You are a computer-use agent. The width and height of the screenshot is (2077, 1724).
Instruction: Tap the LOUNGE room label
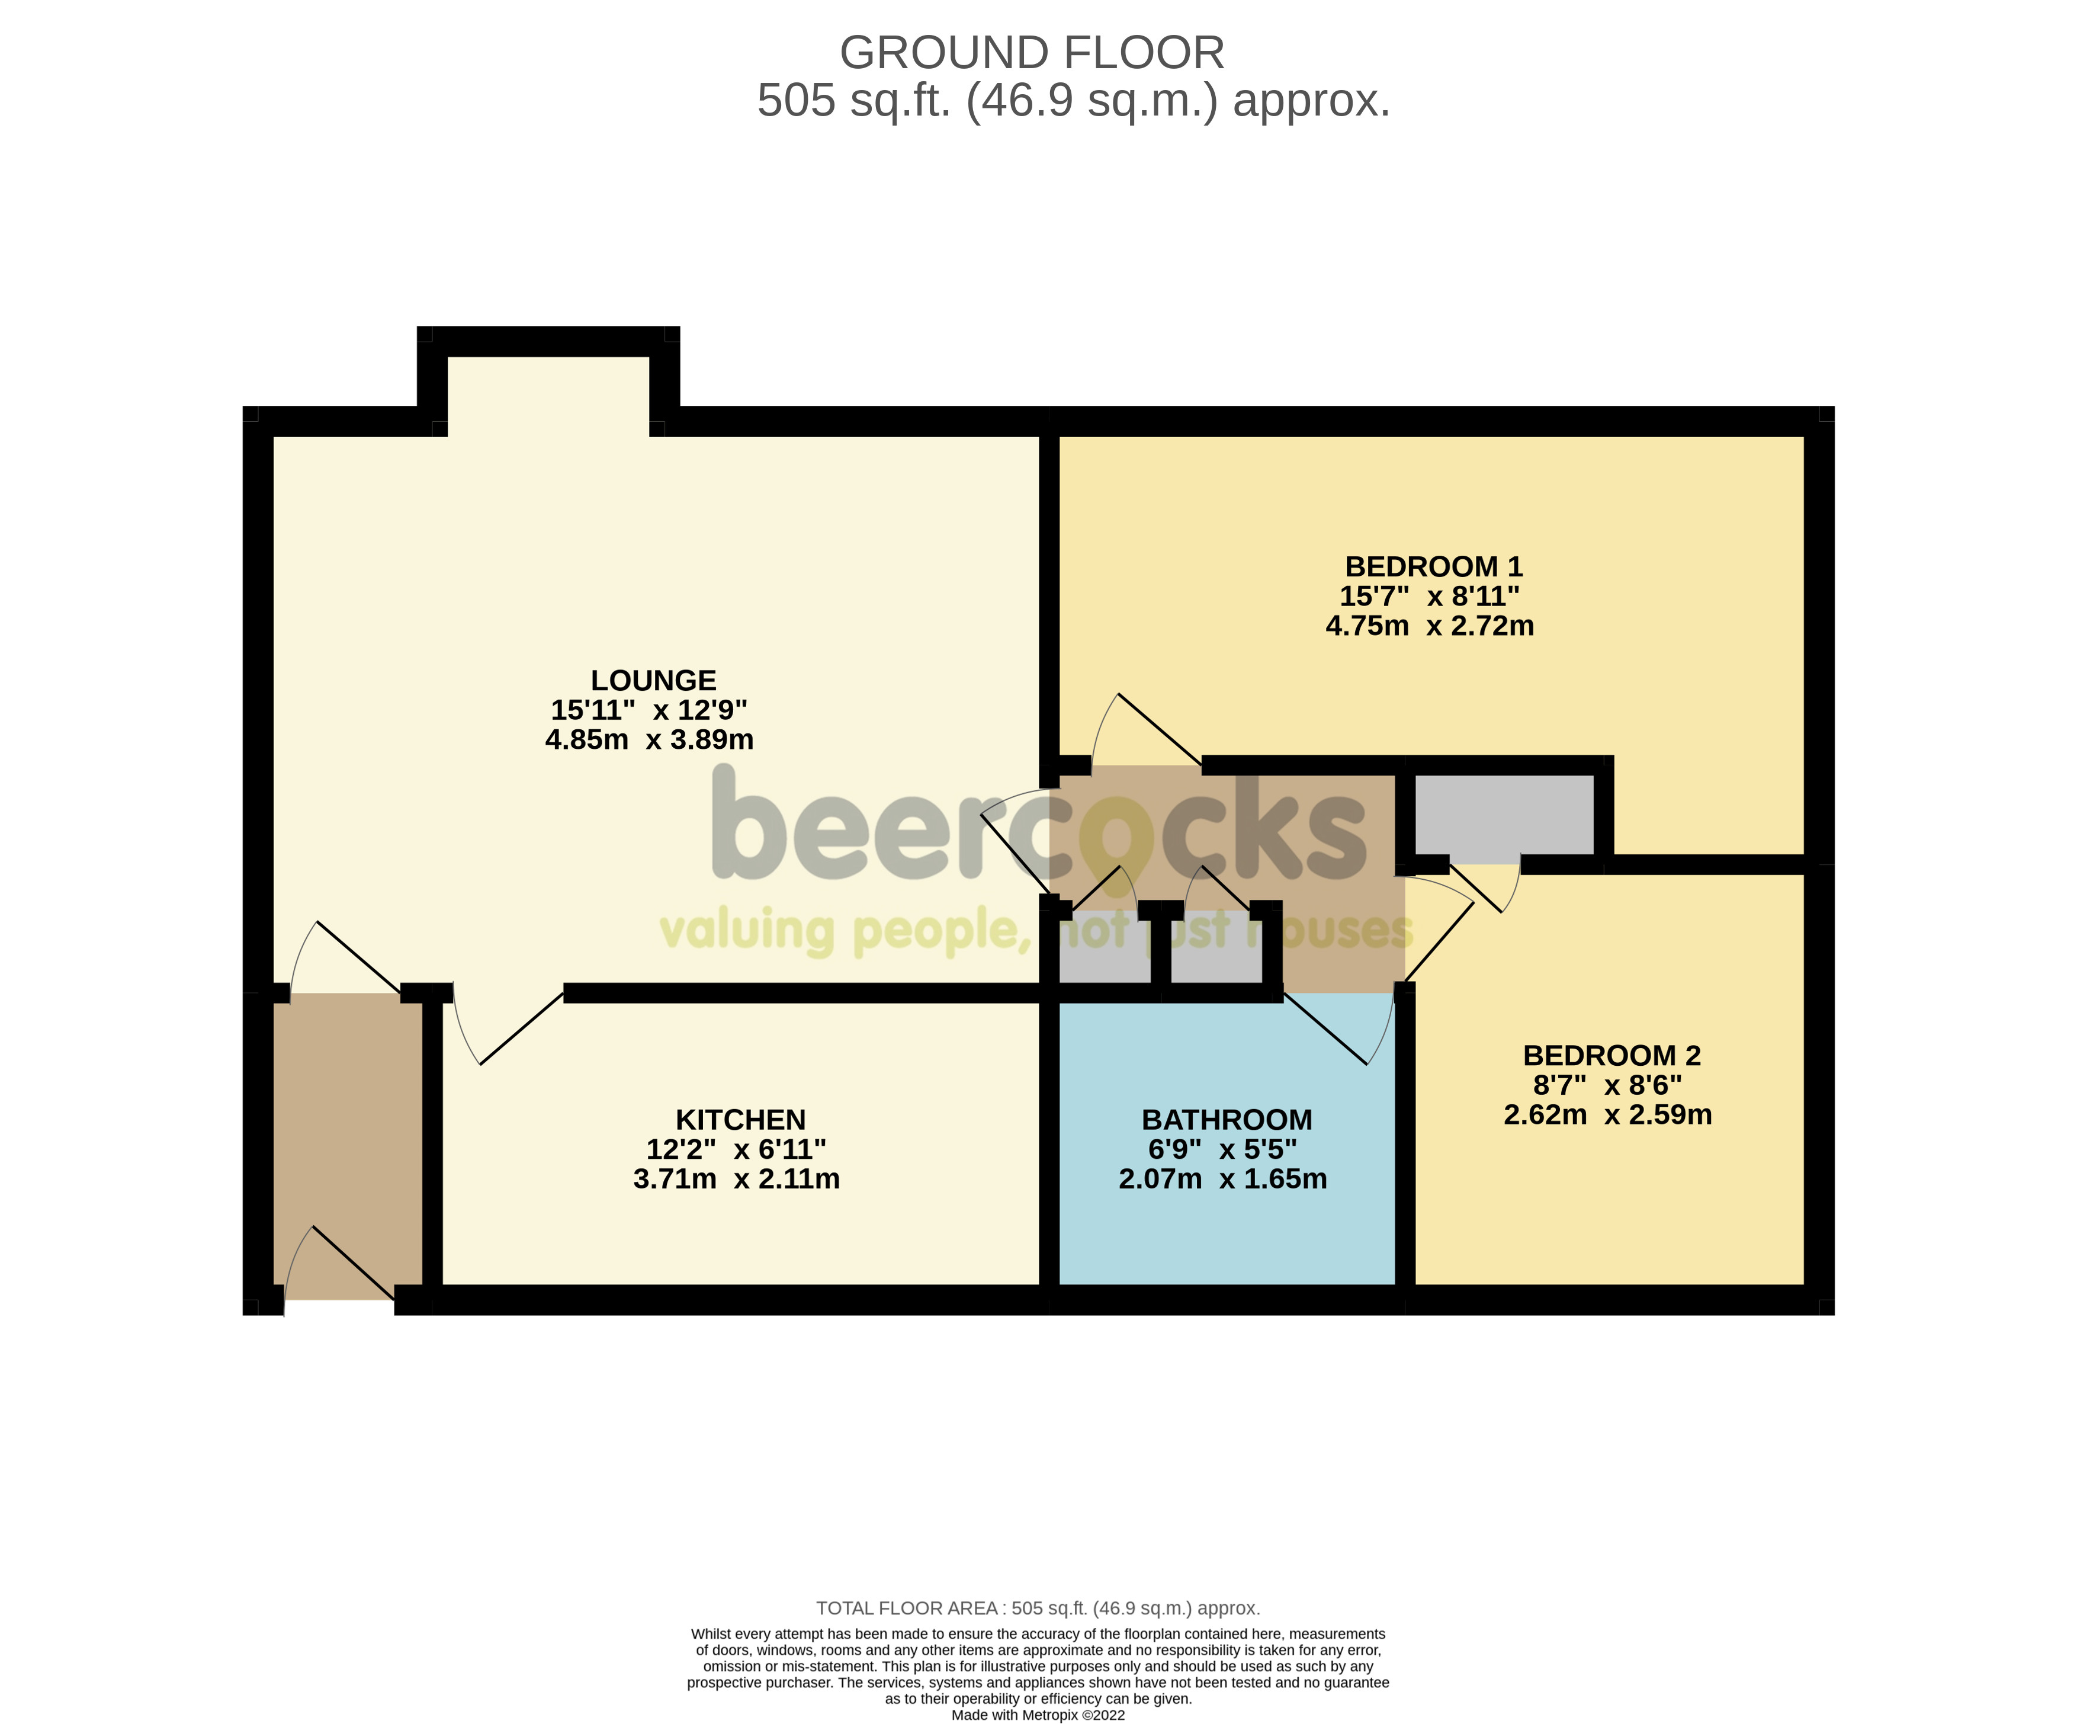pyautogui.click(x=653, y=681)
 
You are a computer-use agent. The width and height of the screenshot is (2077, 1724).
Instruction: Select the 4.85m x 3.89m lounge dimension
pyautogui.click(x=649, y=740)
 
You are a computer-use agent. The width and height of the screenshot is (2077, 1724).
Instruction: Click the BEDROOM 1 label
pyautogui.click(x=1433, y=567)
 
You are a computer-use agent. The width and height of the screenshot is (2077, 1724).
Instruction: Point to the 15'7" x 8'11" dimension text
pyautogui.click(x=1429, y=597)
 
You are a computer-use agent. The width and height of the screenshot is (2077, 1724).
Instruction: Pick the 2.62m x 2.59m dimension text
pyautogui.click(x=1607, y=1115)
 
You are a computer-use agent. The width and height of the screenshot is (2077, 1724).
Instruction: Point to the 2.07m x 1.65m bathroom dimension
pyautogui.click(x=1222, y=1179)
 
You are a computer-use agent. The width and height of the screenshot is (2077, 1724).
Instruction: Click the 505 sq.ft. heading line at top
pyautogui.click(x=1073, y=101)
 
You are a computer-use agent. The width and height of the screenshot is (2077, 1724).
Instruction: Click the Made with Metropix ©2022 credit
pyautogui.click(x=1038, y=1715)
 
